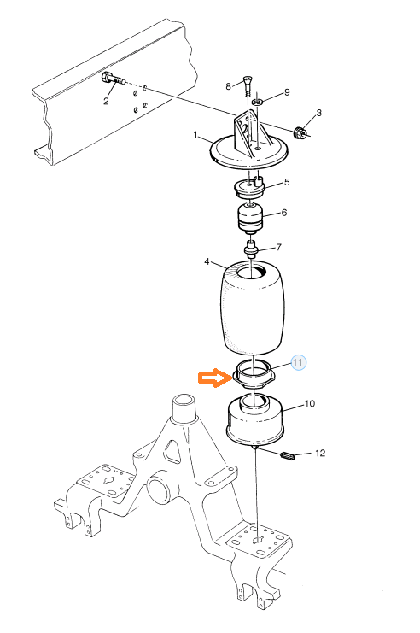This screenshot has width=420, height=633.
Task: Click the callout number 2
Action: tap(106, 101)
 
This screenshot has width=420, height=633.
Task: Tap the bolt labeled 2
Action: tap(114, 79)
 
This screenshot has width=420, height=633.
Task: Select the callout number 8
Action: tap(229, 86)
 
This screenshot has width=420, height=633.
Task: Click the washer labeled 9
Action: tap(258, 101)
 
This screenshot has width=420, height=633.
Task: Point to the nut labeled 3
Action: tap(300, 132)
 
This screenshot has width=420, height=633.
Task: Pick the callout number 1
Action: tap(195, 135)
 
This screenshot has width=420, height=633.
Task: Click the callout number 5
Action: tap(287, 182)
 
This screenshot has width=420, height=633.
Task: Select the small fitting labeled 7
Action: tap(252, 249)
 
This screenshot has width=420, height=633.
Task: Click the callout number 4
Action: tap(207, 262)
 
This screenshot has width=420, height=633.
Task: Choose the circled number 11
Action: tap(298, 362)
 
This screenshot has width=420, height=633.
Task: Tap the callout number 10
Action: tap(310, 404)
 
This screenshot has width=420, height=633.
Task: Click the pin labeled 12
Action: tap(288, 456)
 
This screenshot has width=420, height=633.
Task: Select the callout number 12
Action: tap(320, 453)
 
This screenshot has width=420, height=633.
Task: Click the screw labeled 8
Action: tap(248, 85)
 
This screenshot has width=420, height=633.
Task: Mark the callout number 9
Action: tap(288, 92)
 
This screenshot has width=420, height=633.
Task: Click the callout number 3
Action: tap(318, 113)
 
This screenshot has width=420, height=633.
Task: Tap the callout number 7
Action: tap(278, 247)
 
